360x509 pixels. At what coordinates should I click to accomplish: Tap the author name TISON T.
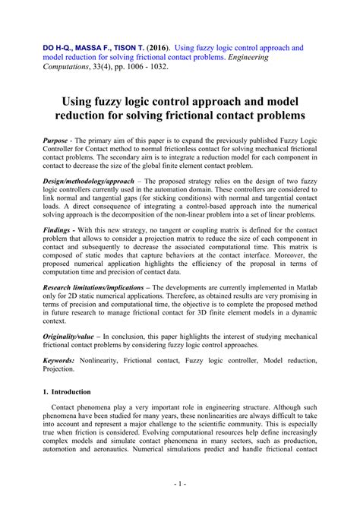132,47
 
